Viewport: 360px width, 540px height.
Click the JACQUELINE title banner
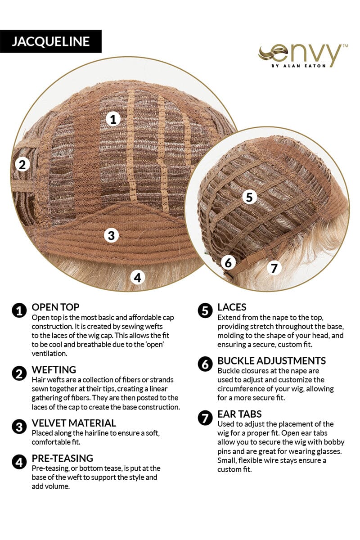[x=51, y=41]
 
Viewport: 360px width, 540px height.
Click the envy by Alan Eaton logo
[x=302, y=55]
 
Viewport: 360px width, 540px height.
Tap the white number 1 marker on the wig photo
[x=113, y=119]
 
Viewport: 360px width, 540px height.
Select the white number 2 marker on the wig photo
[x=22, y=165]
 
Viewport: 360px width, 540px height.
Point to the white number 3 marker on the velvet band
[x=112, y=235]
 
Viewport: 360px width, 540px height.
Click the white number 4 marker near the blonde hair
[x=137, y=278]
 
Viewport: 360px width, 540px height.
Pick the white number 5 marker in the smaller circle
[x=249, y=197]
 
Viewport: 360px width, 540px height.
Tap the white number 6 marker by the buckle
[x=228, y=262]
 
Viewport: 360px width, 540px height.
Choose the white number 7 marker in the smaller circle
[x=274, y=268]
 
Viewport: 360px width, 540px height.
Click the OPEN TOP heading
[x=55, y=307]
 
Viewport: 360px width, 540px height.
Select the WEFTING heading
[x=54, y=370]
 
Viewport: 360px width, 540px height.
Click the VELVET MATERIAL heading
[x=74, y=423]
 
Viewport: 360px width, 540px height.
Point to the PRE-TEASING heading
[x=63, y=458]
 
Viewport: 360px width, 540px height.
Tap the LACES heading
[x=232, y=307]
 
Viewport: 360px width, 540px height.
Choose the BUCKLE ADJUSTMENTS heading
[x=271, y=360]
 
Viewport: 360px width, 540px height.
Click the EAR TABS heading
[x=239, y=414]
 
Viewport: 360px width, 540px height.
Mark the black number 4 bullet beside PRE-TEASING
[x=19, y=462]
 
